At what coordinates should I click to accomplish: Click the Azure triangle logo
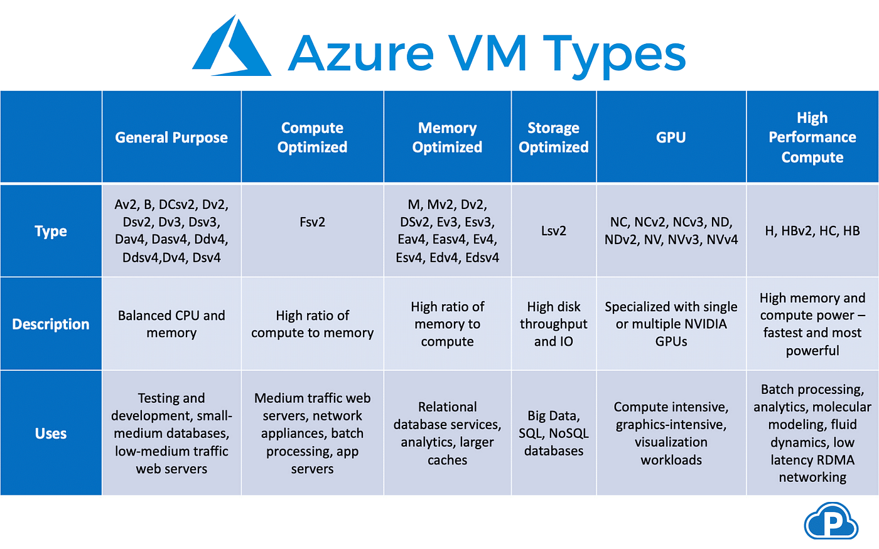point(231,49)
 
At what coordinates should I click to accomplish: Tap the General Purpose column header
point(171,137)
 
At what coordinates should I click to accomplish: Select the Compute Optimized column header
point(312,137)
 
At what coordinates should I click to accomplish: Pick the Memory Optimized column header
point(447,137)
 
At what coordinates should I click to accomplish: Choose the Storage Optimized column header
point(553,137)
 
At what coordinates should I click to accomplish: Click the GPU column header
point(671,137)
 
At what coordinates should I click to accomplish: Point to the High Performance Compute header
point(812,137)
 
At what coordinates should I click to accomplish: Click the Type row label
point(51,231)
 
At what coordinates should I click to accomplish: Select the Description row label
point(51,324)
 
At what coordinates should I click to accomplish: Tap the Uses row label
point(51,434)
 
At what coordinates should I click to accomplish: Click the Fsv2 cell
point(312,222)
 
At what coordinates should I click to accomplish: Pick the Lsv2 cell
point(553,231)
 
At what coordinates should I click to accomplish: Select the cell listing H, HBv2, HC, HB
point(812,231)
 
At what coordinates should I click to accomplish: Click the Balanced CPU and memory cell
point(171,324)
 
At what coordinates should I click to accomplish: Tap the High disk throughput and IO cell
point(553,324)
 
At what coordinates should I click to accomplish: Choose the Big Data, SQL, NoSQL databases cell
point(553,433)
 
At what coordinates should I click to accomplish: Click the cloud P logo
point(831,521)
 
